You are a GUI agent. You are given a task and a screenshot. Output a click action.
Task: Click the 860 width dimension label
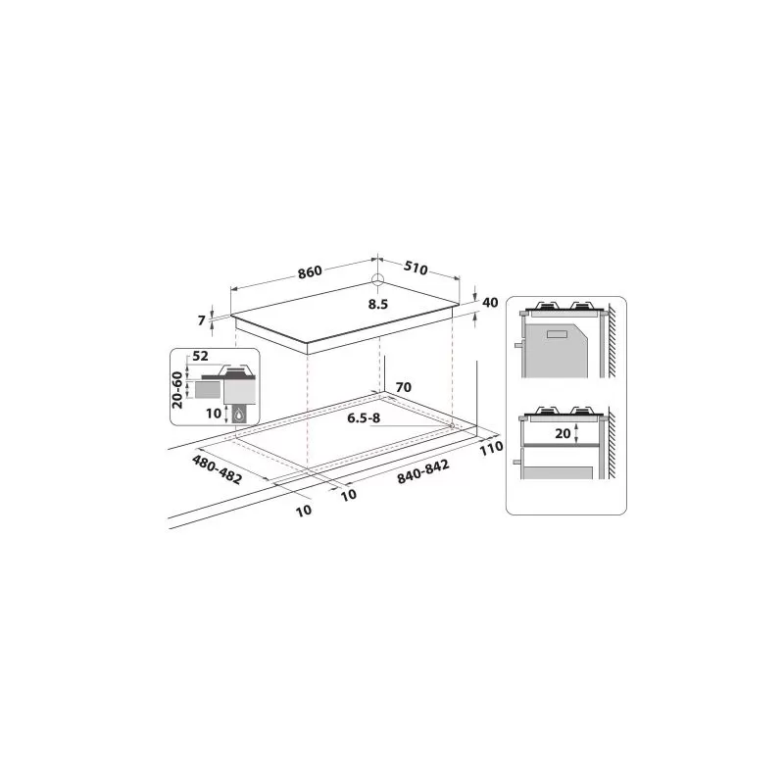[x=310, y=272]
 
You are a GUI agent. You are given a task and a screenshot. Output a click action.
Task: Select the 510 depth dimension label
[x=416, y=268]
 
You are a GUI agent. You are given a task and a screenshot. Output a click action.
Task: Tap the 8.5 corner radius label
[x=378, y=304]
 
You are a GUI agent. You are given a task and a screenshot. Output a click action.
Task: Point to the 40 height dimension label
[x=490, y=303]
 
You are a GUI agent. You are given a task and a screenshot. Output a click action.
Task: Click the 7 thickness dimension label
[x=202, y=320]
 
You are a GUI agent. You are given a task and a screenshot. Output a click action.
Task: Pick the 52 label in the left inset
[x=200, y=356]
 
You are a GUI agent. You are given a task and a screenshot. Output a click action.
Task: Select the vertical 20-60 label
[x=177, y=390]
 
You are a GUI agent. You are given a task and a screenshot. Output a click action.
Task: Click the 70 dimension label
[x=403, y=387]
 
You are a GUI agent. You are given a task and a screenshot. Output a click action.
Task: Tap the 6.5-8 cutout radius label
[x=364, y=418]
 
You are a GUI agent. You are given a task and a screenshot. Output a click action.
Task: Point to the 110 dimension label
[x=491, y=448]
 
